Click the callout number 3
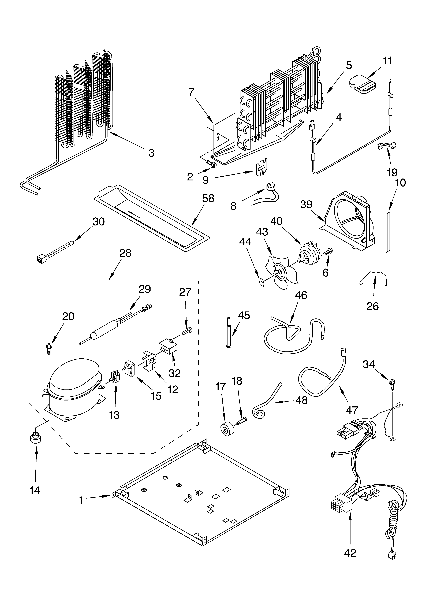pyautogui.click(x=151, y=153)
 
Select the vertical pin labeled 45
pyautogui.click(x=228, y=332)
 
